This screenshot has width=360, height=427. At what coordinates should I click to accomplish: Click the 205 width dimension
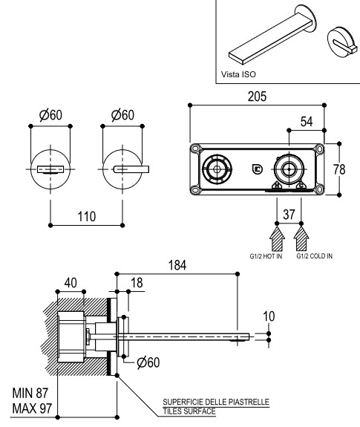[x=257, y=97]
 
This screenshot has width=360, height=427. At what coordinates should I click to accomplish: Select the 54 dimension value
[x=307, y=122]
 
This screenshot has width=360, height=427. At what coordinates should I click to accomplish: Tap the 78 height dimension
[x=339, y=169]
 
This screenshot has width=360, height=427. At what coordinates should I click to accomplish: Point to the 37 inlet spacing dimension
[x=289, y=215]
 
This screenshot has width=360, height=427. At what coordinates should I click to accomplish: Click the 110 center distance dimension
[x=87, y=217]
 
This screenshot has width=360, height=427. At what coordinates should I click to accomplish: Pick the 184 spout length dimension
[x=177, y=265]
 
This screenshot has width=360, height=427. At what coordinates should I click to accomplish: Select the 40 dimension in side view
[x=71, y=283]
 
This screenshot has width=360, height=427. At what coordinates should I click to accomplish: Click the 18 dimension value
[x=137, y=283]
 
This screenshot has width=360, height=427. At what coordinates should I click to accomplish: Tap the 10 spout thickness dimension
[x=269, y=316]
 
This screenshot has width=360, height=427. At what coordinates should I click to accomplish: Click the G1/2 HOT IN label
[x=266, y=256]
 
